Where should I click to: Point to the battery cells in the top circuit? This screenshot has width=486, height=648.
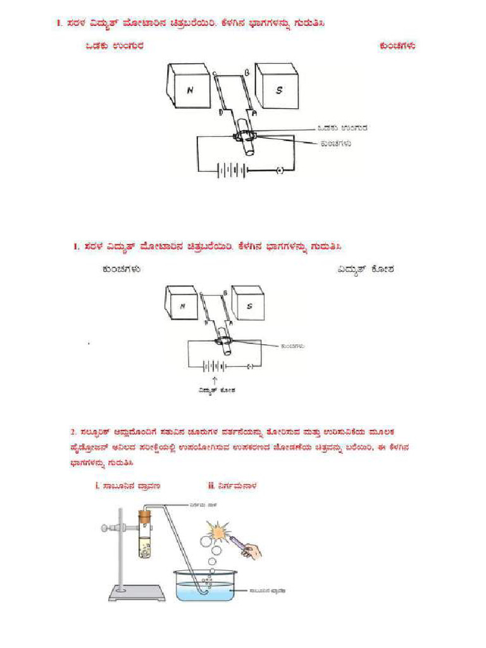(x=230, y=170)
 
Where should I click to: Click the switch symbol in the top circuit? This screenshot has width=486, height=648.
(x=280, y=170)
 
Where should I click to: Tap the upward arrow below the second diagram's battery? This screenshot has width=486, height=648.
(x=217, y=379)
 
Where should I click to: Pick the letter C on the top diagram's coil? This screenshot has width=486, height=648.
(x=214, y=74)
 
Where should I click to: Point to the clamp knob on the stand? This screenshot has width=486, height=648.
(x=104, y=526)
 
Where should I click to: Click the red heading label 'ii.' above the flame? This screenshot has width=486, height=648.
(x=211, y=486)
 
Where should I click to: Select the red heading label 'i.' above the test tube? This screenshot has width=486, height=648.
(x=89, y=486)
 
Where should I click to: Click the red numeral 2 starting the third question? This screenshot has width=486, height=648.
(x=73, y=432)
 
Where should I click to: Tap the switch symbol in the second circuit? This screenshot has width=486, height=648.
(x=250, y=366)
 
